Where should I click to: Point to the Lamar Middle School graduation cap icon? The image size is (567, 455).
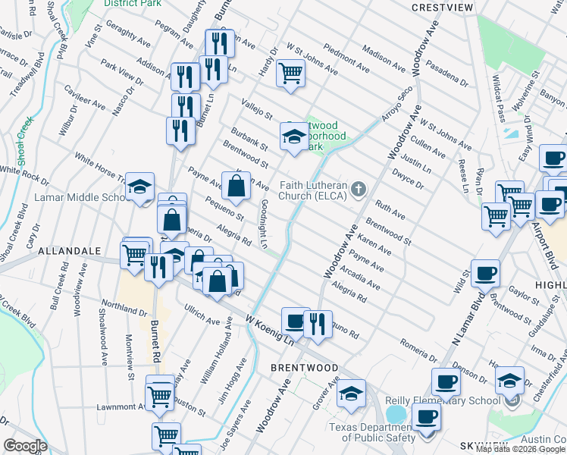click(139, 188)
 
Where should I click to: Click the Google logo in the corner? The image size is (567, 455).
click(25, 445)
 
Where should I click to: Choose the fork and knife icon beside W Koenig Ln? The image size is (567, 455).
click(318, 323)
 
